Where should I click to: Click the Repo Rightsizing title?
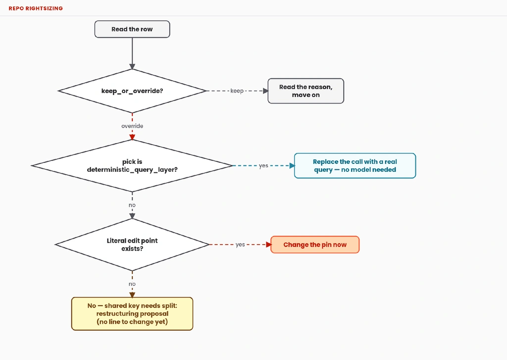pos(36,8)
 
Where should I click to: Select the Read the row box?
pos(132,29)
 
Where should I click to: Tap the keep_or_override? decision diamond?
pos(132,91)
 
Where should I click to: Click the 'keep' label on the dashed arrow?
pos(237,91)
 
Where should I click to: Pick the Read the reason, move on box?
pos(306,91)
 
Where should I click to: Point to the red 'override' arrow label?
pos(132,126)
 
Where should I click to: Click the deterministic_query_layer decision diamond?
pos(132,165)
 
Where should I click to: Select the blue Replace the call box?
pos(355,165)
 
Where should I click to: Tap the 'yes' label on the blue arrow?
pos(263,165)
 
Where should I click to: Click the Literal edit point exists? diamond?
pos(132,245)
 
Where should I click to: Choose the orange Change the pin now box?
pos(315,245)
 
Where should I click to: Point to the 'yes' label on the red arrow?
pos(240,245)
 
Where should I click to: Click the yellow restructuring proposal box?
pos(132,314)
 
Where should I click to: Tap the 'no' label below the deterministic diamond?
pos(132,205)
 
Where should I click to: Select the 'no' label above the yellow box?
pos(132,284)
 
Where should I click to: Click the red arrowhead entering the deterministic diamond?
pos(132,138)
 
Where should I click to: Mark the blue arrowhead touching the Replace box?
pos(292,165)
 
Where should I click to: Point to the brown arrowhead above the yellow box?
pos(132,295)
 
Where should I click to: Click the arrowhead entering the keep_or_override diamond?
pos(132,67)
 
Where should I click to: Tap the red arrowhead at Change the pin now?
pos(268,245)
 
